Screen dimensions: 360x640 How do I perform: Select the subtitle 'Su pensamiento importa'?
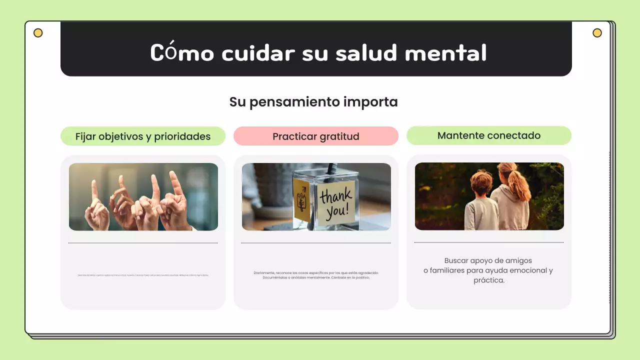pos(313,102)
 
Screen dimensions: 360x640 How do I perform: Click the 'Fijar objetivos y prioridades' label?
pos(143,136)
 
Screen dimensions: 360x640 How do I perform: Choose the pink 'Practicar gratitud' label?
pos(316,136)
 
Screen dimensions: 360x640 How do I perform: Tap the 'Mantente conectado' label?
pos(489,135)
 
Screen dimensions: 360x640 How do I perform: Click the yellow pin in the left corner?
pos(38,33)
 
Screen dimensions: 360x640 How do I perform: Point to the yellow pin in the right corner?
pos(597,33)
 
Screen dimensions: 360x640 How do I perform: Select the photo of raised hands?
pos(143,197)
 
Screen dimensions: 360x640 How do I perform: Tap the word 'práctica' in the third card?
pos(488,280)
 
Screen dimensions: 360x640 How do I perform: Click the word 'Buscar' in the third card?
pos(456,260)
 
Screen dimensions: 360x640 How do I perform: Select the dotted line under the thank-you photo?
pos(316,243)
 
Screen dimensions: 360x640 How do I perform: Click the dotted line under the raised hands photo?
pos(143,243)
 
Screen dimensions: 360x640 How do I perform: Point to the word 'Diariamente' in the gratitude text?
pos(264,273)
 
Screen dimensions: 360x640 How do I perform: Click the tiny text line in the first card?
pos(143,275)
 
